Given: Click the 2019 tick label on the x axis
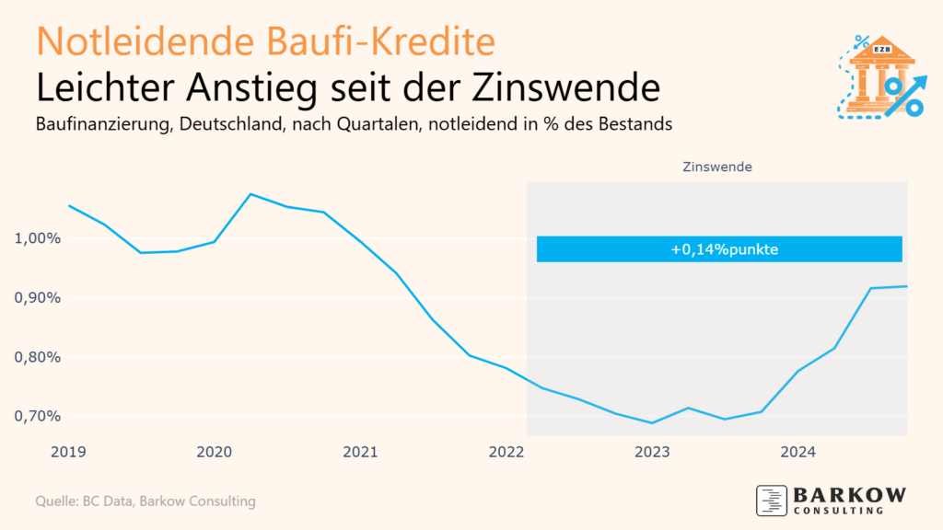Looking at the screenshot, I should pos(69,452).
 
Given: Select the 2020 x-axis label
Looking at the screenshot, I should pos(214,452).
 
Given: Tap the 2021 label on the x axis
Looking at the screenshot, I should pos(360,452).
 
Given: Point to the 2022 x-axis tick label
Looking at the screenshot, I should pos(506,452).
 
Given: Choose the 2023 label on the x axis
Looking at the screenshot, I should pos(653,452).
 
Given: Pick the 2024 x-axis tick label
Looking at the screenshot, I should pos(798,452).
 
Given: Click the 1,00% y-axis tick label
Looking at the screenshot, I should pos(39,239).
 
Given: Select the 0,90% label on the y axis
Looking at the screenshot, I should pos(39,298).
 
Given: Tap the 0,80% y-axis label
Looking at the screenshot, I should pos(39,357).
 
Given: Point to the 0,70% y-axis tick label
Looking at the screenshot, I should pos(39,416).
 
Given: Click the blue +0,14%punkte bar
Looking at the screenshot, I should pos(718,249).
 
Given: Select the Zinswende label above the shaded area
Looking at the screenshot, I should pos(717,167).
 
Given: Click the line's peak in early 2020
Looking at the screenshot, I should pos(250,194).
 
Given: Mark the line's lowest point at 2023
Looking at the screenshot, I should pos(653,423).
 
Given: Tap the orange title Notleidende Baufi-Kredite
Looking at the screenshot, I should pos(266,41).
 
